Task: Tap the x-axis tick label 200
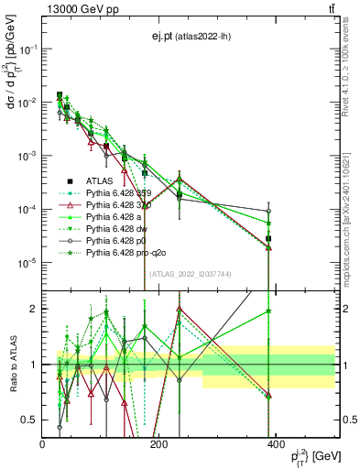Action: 158,444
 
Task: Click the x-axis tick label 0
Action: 43,444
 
